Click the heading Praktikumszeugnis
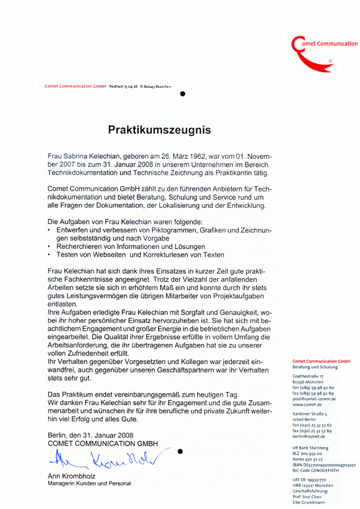click(x=159, y=130)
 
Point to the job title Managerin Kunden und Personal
click(x=89, y=483)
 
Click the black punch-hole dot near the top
click(x=183, y=94)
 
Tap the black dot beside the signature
click(x=180, y=452)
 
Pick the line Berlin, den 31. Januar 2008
click(x=91, y=435)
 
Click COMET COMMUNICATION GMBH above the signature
click(x=103, y=443)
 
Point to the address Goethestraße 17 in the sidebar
click(x=308, y=376)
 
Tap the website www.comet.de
click(x=307, y=405)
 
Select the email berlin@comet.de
click(x=308, y=436)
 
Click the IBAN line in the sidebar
click(x=324, y=465)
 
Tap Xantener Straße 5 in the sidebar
click(x=310, y=414)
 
